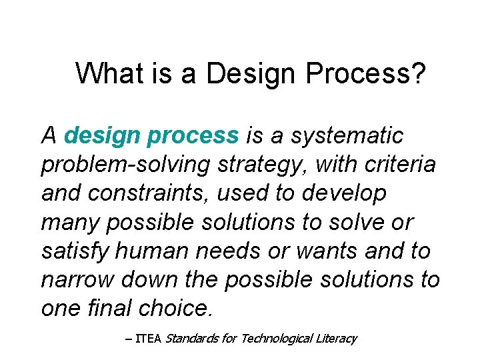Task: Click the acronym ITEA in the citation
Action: tap(148, 339)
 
